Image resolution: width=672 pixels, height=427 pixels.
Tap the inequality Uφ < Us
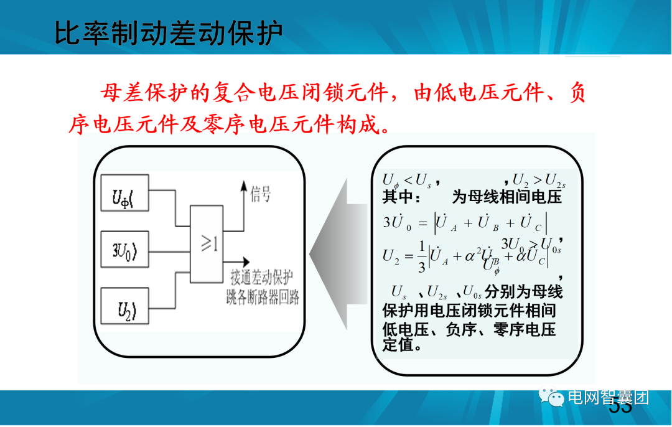[x=408, y=181]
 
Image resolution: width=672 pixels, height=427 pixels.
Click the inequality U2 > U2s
[x=539, y=181]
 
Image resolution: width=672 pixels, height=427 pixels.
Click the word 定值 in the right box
[x=398, y=344]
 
